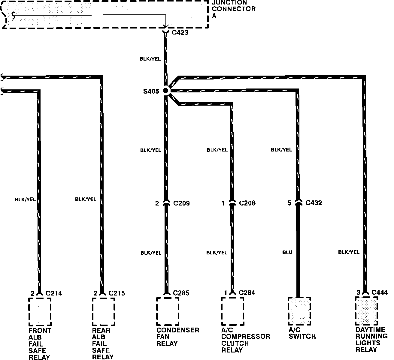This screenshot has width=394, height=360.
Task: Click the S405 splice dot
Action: tap(165, 90)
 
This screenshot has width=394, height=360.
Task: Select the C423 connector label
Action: tap(180, 32)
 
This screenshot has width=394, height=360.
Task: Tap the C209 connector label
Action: tap(181, 203)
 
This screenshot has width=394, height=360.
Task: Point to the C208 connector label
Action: tap(247, 203)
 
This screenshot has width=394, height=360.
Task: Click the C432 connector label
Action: tap(314, 203)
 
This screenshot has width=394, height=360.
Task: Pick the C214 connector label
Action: tap(54, 293)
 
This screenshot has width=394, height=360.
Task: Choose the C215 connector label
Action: tap(117, 293)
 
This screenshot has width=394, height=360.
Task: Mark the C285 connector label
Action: tap(181, 292)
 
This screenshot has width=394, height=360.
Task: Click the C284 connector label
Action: tap(247, 292)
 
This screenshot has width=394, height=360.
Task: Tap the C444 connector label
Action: tap(379, 292)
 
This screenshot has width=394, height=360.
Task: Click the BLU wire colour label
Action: tap(287, 253)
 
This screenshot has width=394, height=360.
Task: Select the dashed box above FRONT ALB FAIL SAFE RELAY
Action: tap(40, 312)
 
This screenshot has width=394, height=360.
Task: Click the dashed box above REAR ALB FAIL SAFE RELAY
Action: tap(103, 312)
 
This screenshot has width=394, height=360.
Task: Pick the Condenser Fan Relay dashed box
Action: tap(168, 311)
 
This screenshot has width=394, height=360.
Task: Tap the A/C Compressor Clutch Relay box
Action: tap(232, 311)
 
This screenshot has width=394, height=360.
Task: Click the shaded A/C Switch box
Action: tap(299, 311)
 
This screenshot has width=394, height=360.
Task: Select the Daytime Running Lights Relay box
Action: tap(366, 311)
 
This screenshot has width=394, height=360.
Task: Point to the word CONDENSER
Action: tap(178, 330)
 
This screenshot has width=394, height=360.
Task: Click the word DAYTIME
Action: tap(370, 330)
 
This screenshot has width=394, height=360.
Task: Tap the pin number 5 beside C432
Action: tap(289, 203)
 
